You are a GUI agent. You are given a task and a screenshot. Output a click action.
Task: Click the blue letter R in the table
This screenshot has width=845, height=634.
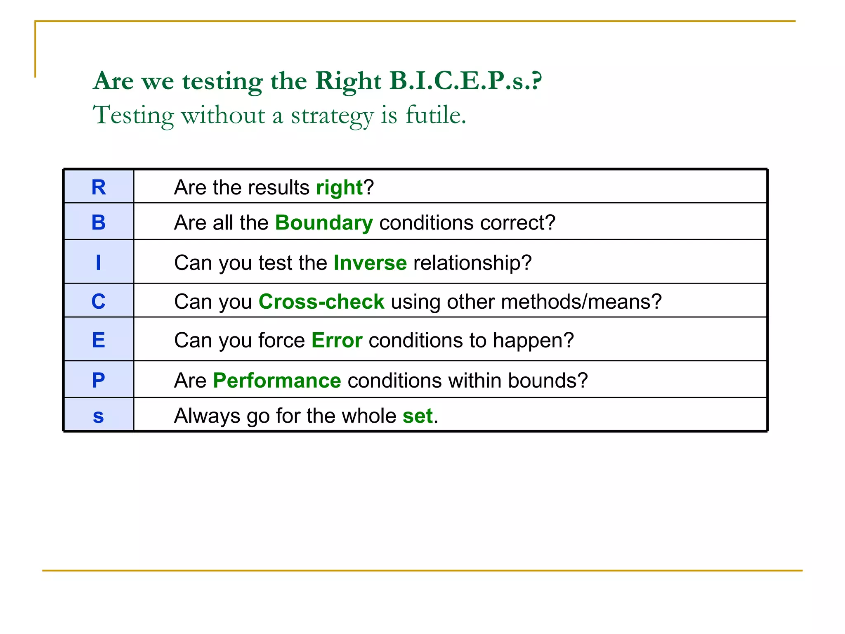tap(99, 187)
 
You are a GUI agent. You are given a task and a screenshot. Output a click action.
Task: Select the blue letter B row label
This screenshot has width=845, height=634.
tap(99, 222)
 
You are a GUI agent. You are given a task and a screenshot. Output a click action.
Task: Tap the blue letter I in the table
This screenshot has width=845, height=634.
tap(98, 263)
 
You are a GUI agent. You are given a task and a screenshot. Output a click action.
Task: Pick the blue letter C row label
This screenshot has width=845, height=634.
tap(99, 301)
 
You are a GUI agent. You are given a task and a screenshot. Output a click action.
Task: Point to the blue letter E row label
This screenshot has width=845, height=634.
tap(99, 340)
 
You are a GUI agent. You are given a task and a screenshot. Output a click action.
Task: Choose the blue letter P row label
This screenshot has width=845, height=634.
tap(99, 380)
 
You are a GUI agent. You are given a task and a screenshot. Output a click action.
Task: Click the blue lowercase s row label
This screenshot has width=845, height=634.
tap(98, 416)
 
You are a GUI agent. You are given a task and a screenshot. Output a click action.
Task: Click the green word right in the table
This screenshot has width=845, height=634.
tap(339, 188)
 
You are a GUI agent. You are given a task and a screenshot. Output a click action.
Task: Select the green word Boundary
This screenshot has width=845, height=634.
tap(324, 223)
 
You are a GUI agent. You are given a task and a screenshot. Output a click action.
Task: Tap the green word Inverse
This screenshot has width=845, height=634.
tap(370, 263)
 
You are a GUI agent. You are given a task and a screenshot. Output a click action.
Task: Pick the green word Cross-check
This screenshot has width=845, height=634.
tap(321, 302)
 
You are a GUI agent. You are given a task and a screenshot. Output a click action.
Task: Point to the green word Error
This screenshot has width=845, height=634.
tap(337, 341)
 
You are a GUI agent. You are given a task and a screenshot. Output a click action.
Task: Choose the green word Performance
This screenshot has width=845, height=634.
tap(277, 381)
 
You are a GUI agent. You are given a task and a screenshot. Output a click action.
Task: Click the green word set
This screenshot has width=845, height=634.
tap(418, 416)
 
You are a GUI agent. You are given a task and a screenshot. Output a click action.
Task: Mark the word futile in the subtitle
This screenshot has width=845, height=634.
tap(435, 115)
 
